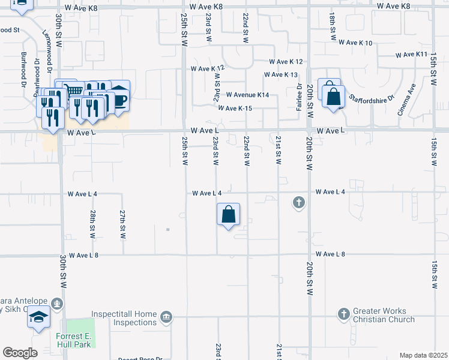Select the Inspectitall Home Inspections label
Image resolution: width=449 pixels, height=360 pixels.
click(124, 319)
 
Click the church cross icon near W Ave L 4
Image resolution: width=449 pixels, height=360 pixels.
click(298, 202)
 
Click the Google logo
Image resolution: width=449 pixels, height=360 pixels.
click(20, 353)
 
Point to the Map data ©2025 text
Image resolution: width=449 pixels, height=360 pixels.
click(423, 355)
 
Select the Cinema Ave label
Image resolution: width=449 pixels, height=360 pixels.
click(408, 94)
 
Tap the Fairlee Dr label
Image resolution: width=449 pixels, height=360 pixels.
click(298, 95)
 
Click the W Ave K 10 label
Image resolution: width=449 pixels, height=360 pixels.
click(355, 43)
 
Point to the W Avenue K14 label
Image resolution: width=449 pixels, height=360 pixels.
click(247, 95)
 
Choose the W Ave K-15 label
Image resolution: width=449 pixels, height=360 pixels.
click(235, 108)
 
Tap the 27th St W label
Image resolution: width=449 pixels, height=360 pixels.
click(122, 224)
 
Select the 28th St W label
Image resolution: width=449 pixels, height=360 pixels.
click(92, 224)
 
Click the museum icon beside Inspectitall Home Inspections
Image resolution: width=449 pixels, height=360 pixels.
click(166, 316)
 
